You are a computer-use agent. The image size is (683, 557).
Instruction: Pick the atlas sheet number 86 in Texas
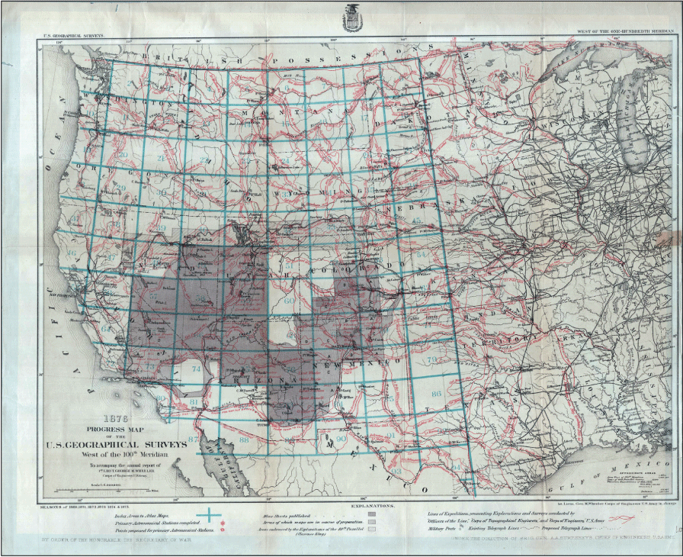(436, 394)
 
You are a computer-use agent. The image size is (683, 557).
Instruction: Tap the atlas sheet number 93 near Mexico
(396, 471)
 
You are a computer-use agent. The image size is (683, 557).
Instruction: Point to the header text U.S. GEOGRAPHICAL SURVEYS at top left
(73, 34)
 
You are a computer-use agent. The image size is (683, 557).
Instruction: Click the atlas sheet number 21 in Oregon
(161, 158)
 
